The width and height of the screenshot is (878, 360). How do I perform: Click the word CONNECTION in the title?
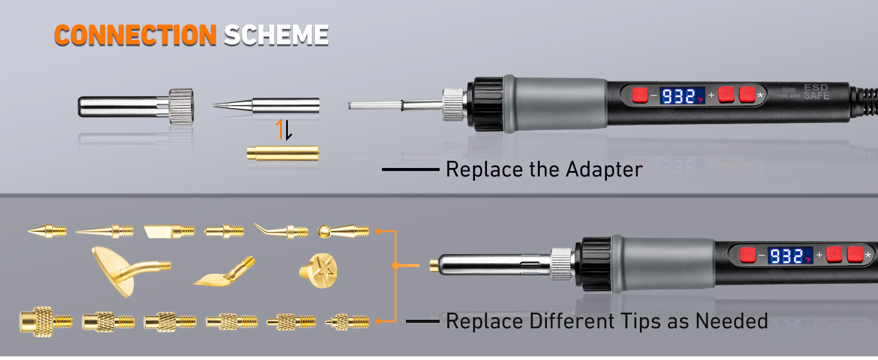tap(134, 35)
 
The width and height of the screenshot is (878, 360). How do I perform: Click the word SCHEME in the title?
tap(276, 35)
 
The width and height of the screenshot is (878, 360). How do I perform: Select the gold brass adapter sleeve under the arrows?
tap(282, 153)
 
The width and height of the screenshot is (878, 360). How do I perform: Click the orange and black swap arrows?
tap(284, 130)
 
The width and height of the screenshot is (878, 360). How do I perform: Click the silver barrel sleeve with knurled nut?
tap(136, 107)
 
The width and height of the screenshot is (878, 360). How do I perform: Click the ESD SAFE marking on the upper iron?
tap(816, 92)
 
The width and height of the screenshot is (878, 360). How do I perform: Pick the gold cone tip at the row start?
tap(47, 230)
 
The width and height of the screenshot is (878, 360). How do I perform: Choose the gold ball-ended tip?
tap(342, 230)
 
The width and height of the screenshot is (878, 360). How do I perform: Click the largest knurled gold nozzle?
tap(46, 321)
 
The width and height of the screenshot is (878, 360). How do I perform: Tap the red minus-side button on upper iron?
tap(639, 95)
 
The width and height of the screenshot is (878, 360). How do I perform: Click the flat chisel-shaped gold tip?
tap(169, 230)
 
